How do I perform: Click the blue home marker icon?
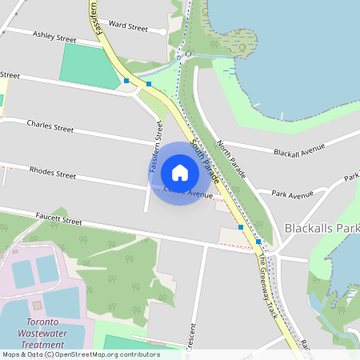click(x=180, y=173)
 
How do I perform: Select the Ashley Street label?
click(x=55, y=38)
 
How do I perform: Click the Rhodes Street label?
click(x=53, y=172)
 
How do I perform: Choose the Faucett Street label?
click(x=58, y=218)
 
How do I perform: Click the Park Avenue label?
click(x=292, y=194)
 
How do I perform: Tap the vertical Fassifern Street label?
click(x=155, y=147)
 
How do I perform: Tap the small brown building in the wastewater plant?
click(x=36, y=305)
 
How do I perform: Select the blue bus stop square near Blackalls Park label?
click(x=258, y=241)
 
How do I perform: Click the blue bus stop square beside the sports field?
click(x=126, y=81)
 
